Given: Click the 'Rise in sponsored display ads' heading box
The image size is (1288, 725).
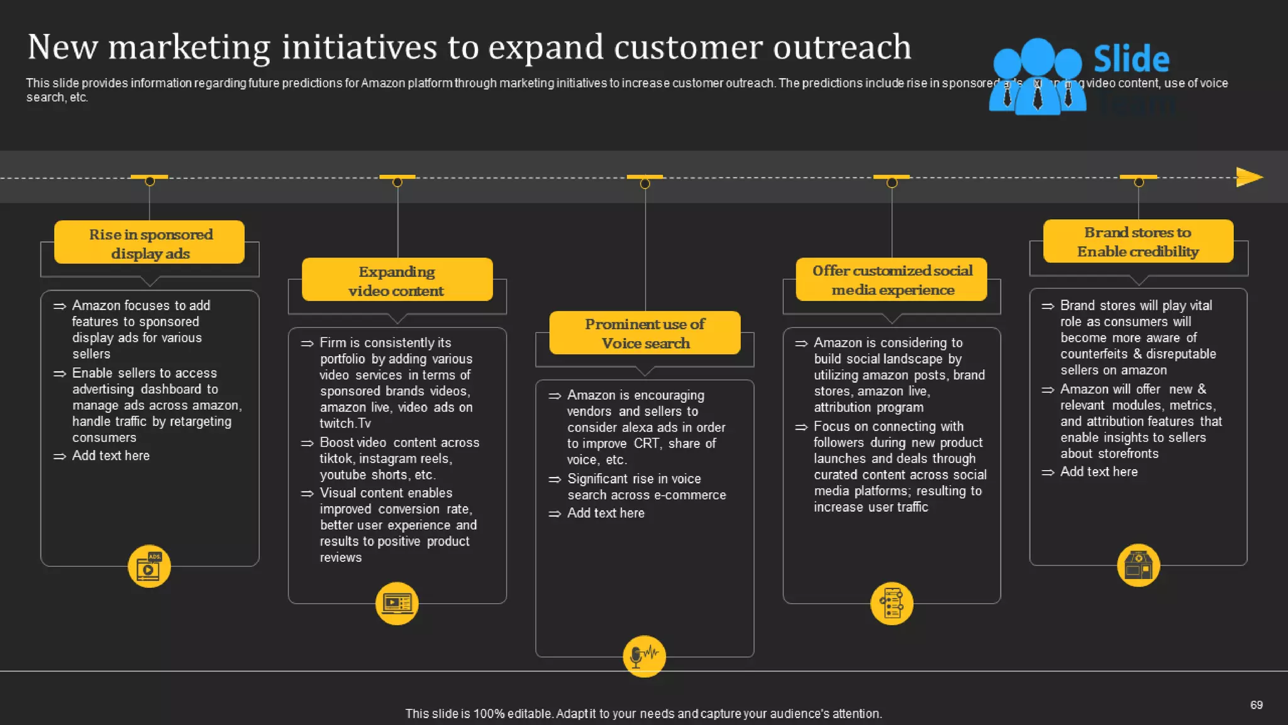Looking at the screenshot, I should (149, 243).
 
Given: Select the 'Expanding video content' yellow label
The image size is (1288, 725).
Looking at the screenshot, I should (397, 281).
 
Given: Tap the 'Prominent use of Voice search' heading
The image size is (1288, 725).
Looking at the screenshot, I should (645, 333).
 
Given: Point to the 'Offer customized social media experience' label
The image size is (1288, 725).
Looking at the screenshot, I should (892, 280).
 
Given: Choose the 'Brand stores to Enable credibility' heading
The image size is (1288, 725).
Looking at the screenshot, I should (1138, 242).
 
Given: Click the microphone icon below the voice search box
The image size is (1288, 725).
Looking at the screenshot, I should (644, 656).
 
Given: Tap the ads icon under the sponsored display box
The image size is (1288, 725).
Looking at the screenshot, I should (149, 566).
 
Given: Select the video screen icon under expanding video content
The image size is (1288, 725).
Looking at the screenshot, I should (397, 603).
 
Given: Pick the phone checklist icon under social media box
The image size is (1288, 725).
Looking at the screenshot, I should (892, 603).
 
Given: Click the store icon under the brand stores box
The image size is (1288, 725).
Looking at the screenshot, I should (1138, 565).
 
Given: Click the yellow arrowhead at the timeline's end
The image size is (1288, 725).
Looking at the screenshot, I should (1249, 177).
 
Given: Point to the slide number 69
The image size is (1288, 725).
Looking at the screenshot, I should (1256, 705).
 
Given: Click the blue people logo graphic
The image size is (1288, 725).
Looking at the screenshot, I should (1037, 77).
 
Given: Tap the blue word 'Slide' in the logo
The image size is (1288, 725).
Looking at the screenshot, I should (1131, 59).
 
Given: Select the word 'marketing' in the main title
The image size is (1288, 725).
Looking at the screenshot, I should (189, 47).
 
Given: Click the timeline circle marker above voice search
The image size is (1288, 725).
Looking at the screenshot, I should (645, 184).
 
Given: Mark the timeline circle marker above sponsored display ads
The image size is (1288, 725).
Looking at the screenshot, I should (150, 181).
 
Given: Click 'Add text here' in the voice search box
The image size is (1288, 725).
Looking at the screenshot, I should (606, 513).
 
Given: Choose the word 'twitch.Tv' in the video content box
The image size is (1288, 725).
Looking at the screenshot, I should (345, 424).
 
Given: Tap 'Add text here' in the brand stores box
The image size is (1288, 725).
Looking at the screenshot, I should (1099, 471).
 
